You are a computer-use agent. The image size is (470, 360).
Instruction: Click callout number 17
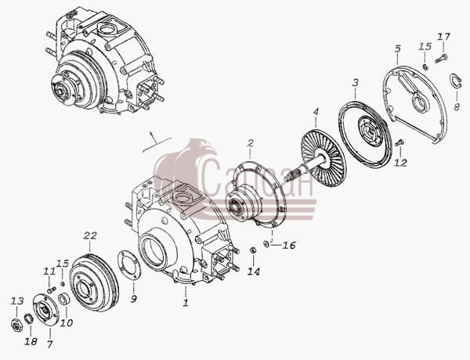443,37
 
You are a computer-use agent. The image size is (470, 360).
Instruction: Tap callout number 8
457,106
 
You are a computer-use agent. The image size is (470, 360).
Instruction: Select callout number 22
90,236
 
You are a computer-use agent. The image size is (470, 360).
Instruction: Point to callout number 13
16,301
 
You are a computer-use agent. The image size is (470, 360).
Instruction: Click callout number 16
289,245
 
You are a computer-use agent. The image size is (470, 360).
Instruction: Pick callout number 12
400,163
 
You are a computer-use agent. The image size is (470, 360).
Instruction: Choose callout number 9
134,298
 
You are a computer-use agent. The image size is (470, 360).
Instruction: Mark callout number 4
316,112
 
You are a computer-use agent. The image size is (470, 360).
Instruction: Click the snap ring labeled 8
455,81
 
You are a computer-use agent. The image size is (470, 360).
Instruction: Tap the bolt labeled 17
441,59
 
